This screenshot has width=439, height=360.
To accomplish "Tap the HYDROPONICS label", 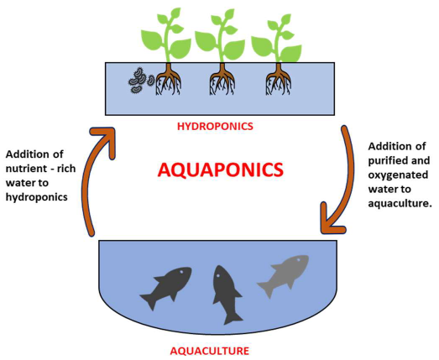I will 215,127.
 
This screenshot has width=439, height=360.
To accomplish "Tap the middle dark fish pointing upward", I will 226,293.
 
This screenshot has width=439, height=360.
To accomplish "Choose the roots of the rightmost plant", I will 276,82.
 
